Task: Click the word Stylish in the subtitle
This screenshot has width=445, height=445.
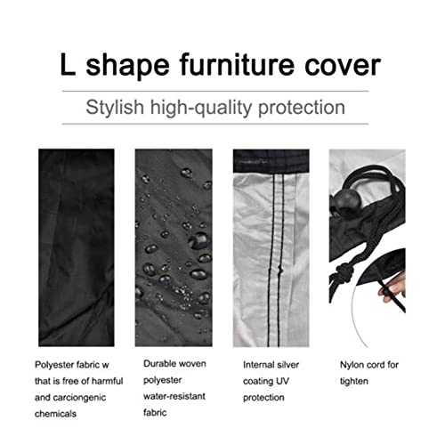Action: (117, 109)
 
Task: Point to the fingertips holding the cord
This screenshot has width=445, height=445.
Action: (389, 292)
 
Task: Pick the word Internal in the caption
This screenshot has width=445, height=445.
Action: (261, 364)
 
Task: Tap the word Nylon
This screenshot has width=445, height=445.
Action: (352, 364)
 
